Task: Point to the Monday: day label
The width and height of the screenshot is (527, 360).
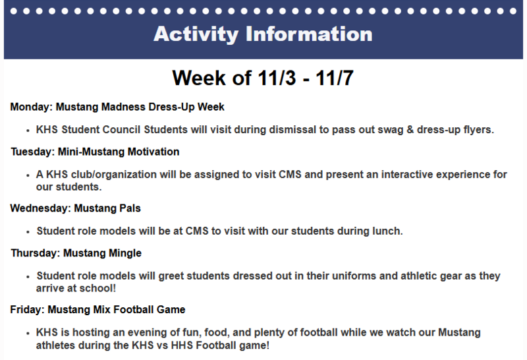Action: [x=32, y=106]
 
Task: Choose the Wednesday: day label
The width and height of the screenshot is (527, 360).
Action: [x=40, y=208]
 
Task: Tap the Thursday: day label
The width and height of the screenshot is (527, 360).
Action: [x=36, y=253]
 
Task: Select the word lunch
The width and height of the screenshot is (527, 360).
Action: [x=386, y=231]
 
